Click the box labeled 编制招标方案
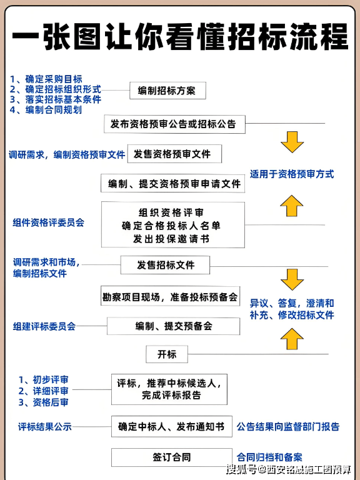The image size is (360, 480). pos(167,91)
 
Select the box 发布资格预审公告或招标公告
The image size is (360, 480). pos(173,124)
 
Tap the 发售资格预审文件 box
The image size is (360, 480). pos(174,154)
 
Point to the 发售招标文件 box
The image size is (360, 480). pos(166,265)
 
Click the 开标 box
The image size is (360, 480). pos(167,354)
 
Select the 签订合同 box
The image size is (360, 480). pos(172,457)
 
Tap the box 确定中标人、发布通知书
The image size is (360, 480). pos(171,427)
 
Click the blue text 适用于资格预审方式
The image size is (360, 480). pos(292,174)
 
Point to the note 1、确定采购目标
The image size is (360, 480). pos(46,79)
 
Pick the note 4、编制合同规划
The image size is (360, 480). pos(46,110)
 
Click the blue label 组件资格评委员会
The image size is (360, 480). pos(48,222)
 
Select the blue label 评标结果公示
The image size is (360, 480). pos(45,427)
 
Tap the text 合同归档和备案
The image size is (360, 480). pos(274,457)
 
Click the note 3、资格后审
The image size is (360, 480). pos(43,402)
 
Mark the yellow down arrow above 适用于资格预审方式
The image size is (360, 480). pos(292,143)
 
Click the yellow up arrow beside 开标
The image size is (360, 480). pos(292,338)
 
